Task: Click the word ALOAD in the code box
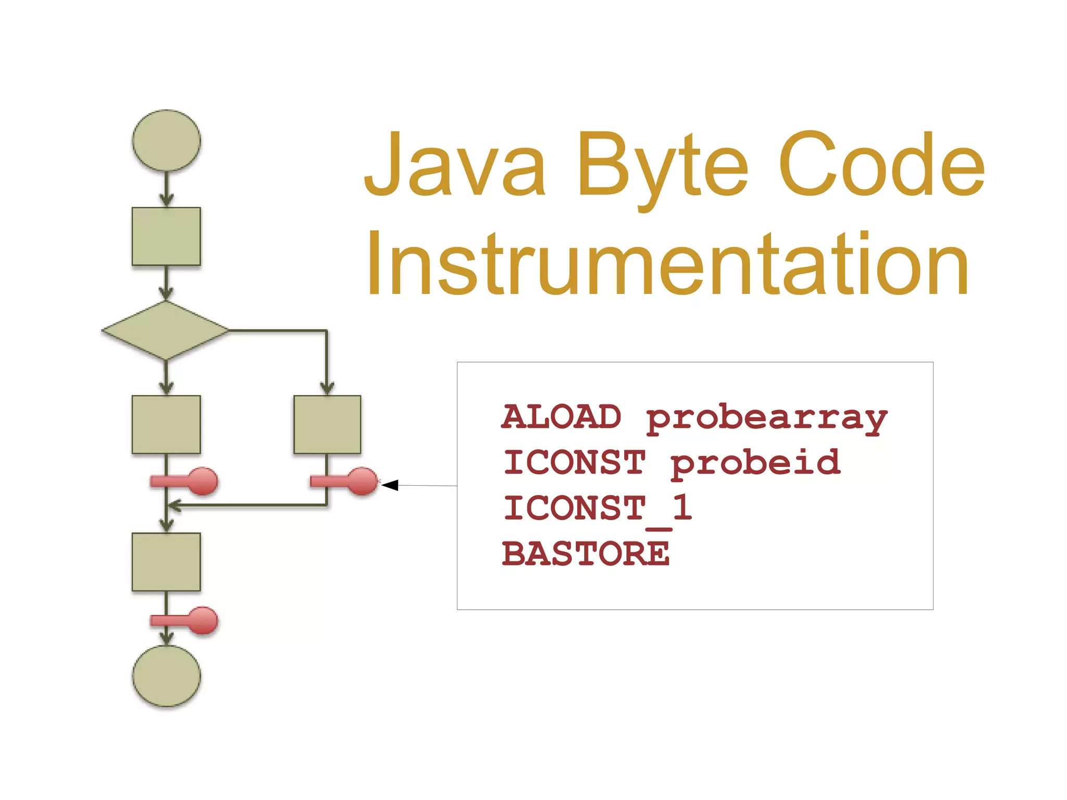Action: coord(562,417)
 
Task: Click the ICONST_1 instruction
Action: coord(598,508)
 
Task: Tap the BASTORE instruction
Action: coord(586,553)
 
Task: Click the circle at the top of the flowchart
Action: coord(166,140)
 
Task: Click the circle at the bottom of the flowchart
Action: coord(166,676)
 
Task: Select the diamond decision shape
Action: coord(165,330)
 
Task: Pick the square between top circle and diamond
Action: coord(166,236)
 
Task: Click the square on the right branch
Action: coord(327,424)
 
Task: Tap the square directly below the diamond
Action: coord(166,424)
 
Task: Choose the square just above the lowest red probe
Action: coord(166,561)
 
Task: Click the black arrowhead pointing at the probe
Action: coord(390,485)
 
